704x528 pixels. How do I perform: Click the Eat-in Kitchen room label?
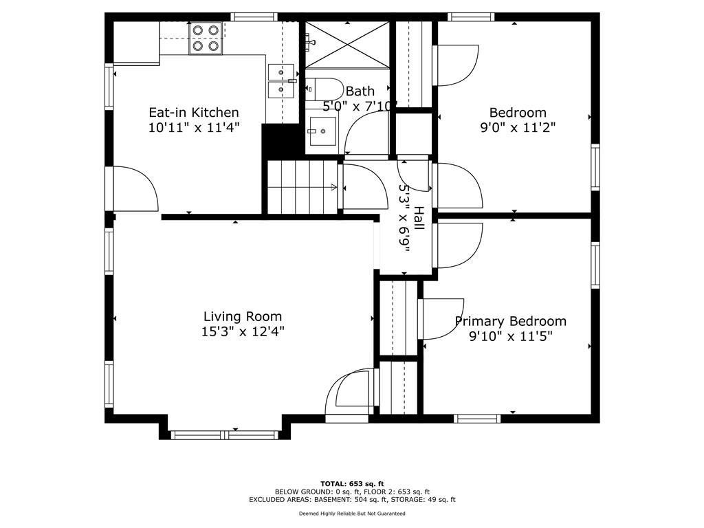[x=193, y=112]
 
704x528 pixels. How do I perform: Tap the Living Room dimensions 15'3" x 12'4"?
[x=243, y=332]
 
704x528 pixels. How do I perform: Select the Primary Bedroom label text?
[x=511, y=322]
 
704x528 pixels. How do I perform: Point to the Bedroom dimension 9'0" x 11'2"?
[x=518, y=127]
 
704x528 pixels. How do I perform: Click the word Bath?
[x=360, y=91]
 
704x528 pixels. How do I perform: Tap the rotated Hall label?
[x=419, y=218]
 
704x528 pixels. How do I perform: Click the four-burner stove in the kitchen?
[x=206, y=38]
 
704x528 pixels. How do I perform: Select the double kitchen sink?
[x=281, y=81]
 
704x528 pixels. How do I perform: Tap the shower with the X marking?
[x=347, y=45]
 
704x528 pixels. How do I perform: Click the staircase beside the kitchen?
[x=302, y=187]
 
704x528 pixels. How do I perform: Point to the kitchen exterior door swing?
[x=135, y=188]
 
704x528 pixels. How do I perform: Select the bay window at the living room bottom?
[x=225, y=434]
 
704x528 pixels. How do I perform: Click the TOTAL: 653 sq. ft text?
[x=352, y=483]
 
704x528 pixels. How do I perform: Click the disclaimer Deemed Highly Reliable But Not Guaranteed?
[x=352, y=513]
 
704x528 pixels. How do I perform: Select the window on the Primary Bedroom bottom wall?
[x=477, y=419]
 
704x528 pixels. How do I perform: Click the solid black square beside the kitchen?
[x=280, y=142]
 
